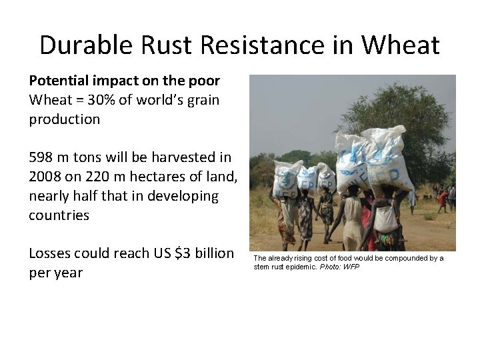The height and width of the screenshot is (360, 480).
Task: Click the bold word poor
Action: point(203,81)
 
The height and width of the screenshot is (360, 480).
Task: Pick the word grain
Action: point(201,100)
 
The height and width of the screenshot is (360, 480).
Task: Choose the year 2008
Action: point(45,177)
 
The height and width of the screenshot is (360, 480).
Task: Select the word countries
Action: point(59,215)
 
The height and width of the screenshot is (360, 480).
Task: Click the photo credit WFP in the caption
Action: point(351,267)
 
